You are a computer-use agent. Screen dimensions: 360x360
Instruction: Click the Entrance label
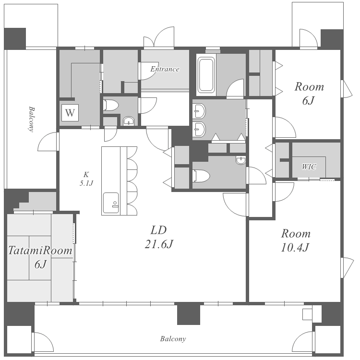tap(165, 69)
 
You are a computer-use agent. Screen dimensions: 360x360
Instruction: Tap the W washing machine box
tap(70, 113)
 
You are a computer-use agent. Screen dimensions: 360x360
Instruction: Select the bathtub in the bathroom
tap(206, 75)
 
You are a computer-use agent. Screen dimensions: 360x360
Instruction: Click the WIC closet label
tap(309, 167)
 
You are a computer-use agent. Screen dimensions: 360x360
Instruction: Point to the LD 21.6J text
tap(159, 237)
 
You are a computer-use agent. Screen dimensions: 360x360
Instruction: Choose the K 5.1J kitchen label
tap(86, 179)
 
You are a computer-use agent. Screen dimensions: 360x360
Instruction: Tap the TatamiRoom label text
tap(40, 250)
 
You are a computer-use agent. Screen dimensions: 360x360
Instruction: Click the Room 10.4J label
tap(296, 240)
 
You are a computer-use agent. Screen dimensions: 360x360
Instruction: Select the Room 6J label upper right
tap(309, 94)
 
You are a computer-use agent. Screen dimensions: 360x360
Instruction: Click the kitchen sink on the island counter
tap(111, 203)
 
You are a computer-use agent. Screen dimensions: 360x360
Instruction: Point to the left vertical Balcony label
tap(32, 119)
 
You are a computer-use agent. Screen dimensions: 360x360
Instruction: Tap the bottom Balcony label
tap(173, 339)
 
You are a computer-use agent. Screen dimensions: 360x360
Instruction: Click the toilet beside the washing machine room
tap(111, 106)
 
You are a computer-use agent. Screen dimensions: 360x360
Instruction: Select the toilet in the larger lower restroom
tap(201, 176)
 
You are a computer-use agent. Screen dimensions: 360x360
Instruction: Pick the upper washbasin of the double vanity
tap(199, 111)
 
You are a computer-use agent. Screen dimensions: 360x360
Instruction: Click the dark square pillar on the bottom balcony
tap(189, 314)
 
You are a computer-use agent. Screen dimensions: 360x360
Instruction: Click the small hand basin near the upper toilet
tap(129, 121)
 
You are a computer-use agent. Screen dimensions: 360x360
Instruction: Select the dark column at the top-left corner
tap(15, 39)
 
